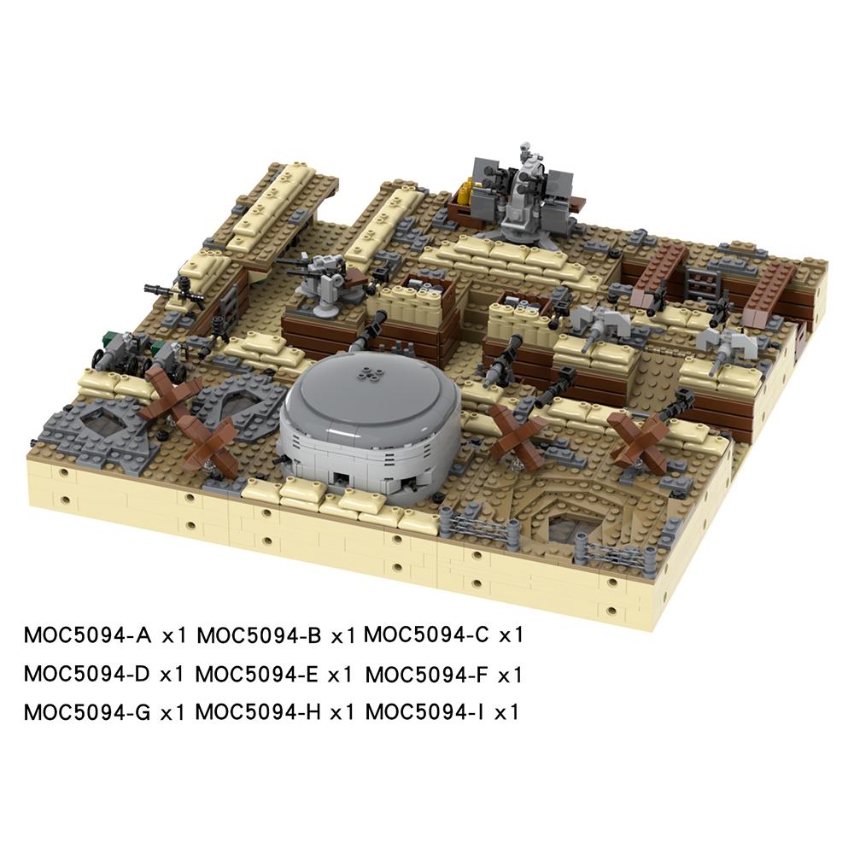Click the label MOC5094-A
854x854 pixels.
click(x=88, y=635)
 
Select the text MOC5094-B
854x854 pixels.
click(x=259, y=635)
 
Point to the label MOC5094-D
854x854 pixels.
click(x=88, y=674)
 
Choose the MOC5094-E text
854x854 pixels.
click(x=257, y=674)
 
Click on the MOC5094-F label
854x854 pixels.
click(x=426, y=674)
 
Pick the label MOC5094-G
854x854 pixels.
click(x=88, y=711)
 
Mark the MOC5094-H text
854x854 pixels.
click(x=258, y=711)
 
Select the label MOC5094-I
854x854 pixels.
click(x=423, y=711)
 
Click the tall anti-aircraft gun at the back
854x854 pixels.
click(x=521, y=192)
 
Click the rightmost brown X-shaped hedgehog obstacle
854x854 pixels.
click(x=639, y=437)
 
